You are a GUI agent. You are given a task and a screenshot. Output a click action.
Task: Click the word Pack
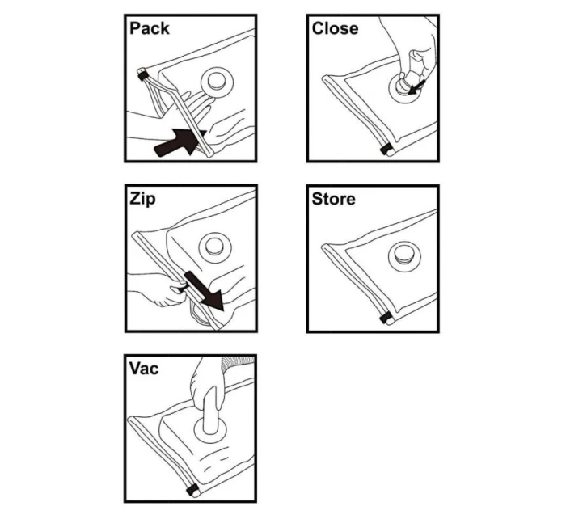coord(150,28)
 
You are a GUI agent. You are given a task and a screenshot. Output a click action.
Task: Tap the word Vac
coord(144,369)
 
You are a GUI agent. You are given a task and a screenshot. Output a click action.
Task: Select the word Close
coord(335,28)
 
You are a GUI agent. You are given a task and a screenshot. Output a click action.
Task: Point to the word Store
coord(333,199)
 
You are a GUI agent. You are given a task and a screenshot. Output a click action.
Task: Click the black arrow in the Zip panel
coord(202,291)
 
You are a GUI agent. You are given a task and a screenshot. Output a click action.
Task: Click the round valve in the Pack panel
coord(216,80)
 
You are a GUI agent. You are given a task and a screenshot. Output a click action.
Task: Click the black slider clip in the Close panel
coord(386,150)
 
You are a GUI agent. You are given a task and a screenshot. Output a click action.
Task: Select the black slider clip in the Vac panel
coord(192,490)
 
